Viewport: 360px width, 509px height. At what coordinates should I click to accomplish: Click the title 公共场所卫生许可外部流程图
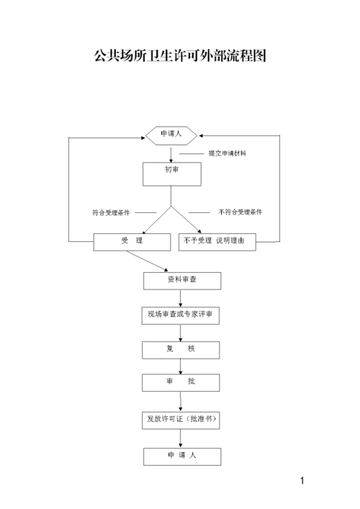(x=180, y=55)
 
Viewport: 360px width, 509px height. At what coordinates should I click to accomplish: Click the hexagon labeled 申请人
(x=171, y=135)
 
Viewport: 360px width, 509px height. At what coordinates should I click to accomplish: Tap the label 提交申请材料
(x=227, y=153)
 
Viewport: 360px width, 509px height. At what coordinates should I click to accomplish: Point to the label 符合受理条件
(x=111, y=212)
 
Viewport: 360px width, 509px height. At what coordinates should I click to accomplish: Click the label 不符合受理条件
(x=240, y=212)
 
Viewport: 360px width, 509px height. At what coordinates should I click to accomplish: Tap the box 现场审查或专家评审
(x=180, y=315)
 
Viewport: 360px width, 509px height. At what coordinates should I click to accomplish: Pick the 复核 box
(x=180, y=350)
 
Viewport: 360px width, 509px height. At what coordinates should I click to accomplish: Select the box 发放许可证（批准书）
(x=180, y=420)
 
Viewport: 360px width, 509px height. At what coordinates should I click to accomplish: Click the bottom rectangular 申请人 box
(x=181, y=457)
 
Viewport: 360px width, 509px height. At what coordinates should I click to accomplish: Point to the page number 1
(x=303, y=481)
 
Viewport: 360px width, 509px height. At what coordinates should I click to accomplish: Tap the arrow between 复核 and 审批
(x=180, y=366)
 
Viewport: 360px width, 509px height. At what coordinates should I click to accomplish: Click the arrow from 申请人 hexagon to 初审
(x=171, y=153)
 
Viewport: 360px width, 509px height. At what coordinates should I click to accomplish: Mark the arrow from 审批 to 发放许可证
(x=180, y=401)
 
